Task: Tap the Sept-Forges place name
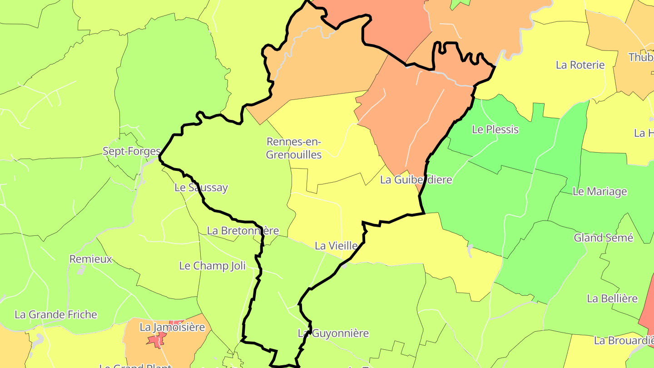click(x=132, y=151)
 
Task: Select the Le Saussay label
click(x=201, y=188)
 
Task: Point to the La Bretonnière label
click(x=243, y=231)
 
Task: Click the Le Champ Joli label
click(x=212, y=266)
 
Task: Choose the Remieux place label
click(x=90, y=259)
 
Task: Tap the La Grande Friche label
click(x=56, y=314)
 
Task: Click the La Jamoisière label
click(x=172, y=327)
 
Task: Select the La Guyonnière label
click(x=333, y=333)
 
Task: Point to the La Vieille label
click(x=336, y=246)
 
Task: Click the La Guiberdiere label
click(x=416, y=180)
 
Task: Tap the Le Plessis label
click(x=495, y=129)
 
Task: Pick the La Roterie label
click(x=580, y=65)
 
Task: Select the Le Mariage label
click(x=599, y=192)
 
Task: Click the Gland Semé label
click(x=603, y=238)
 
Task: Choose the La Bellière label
click(x=612, y=299)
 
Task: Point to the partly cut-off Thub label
click(x=641, y=58)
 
